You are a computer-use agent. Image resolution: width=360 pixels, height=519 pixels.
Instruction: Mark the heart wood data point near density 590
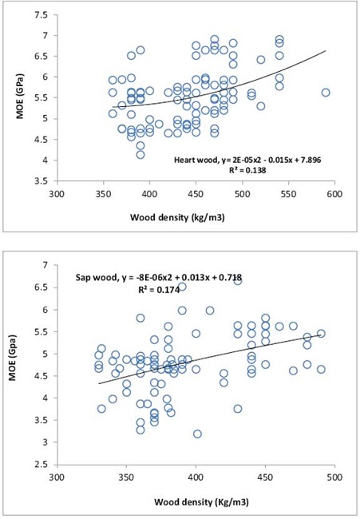[325, 93]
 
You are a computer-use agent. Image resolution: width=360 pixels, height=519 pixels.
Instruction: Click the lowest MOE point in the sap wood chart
[197, 434]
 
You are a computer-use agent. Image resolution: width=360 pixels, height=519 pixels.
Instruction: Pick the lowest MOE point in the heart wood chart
[140, 154]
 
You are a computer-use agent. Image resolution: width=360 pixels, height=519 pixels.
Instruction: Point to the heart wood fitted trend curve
[239, 93]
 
